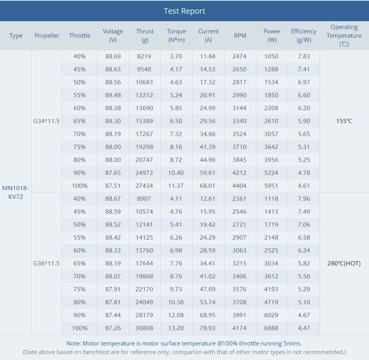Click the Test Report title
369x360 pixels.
click(184, 11)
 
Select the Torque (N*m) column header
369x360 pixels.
click(177, 36)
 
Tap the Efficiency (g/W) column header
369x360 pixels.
click(303, 36)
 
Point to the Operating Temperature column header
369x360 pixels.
click(344, 36)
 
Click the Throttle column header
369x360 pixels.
click(80, 36)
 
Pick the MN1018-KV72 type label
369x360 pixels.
click(16, 192)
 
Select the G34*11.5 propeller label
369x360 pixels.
click(46, 121)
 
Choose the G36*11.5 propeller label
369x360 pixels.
click(46, 264)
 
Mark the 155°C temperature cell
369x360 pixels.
click(344, 121)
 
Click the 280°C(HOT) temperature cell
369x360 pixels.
click(344, 264)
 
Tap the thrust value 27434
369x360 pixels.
click(144, 186)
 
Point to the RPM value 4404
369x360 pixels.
click(239, 186)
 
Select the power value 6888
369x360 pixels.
click(271, 328)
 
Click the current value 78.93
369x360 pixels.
click(208, 328)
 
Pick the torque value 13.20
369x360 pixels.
click(176, 328)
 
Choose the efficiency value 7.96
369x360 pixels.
click(304, 199)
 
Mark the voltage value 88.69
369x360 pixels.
click(113, 56)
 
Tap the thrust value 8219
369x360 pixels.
click(144, 56)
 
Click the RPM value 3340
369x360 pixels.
click(239, 121)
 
